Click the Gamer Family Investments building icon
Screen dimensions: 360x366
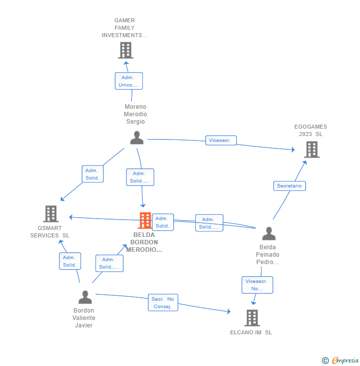tap(126, 50)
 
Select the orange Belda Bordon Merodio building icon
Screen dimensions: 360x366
tap(145, 220)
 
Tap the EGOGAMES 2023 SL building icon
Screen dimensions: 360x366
tap(312, 149)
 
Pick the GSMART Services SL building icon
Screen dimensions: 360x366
tap(51, 214)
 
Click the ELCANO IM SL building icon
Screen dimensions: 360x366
tap(252, 318)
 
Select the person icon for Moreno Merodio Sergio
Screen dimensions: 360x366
tap(136, 137)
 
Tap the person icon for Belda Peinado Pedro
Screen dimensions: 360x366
tap(269, 233)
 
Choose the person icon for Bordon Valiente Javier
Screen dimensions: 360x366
tap(85, 297)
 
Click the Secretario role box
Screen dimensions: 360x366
tap(290, 186)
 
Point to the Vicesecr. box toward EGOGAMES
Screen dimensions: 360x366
tap(221, 140)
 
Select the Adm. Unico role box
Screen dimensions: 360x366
tap(129, 81)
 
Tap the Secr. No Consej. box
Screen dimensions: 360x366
tap(163, 303)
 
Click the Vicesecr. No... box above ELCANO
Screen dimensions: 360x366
tap(257, 285)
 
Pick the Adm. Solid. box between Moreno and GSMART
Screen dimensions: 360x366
tap(92, 174)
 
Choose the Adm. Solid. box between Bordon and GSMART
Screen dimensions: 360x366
tap(70, 261)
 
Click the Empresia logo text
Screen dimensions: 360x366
tap(345, 360)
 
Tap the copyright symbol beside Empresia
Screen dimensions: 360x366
tap(325, 361)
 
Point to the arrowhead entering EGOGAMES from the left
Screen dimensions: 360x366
tap(293, 149)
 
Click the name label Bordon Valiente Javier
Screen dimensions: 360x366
tap(84, 318)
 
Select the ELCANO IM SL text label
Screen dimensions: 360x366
tap(251, 332)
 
